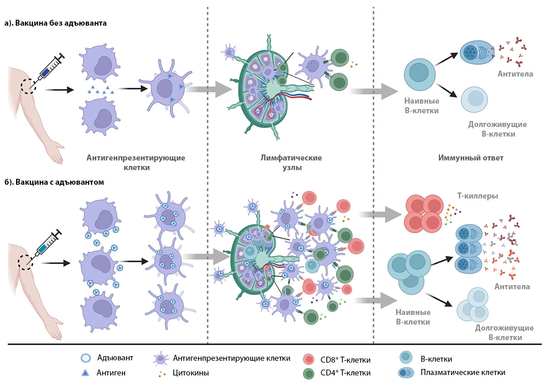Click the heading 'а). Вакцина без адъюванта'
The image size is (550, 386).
coord(55,23)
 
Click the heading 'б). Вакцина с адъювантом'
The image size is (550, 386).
coord(54,182)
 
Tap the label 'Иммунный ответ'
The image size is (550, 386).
coord(471,158)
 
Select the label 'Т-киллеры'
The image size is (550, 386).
coord(478,196)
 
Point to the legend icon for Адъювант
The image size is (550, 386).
coord(86,358)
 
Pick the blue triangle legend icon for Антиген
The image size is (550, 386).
coord(85,373)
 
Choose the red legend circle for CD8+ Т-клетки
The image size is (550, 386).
coord(308,359)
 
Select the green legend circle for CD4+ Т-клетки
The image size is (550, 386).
coord(308,374)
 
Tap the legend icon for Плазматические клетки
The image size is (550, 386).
coord(406,373)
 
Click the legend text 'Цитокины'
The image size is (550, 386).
coord(191,373)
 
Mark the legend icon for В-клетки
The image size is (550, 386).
coord(406,357)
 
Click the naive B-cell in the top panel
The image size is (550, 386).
coord(420,74)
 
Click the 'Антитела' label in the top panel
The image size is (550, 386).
coord(515,74)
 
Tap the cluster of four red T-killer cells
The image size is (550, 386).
coord(423,214)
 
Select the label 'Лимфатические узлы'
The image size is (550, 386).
coord(291,163)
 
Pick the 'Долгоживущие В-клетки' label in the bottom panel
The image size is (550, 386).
coord(504,332)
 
